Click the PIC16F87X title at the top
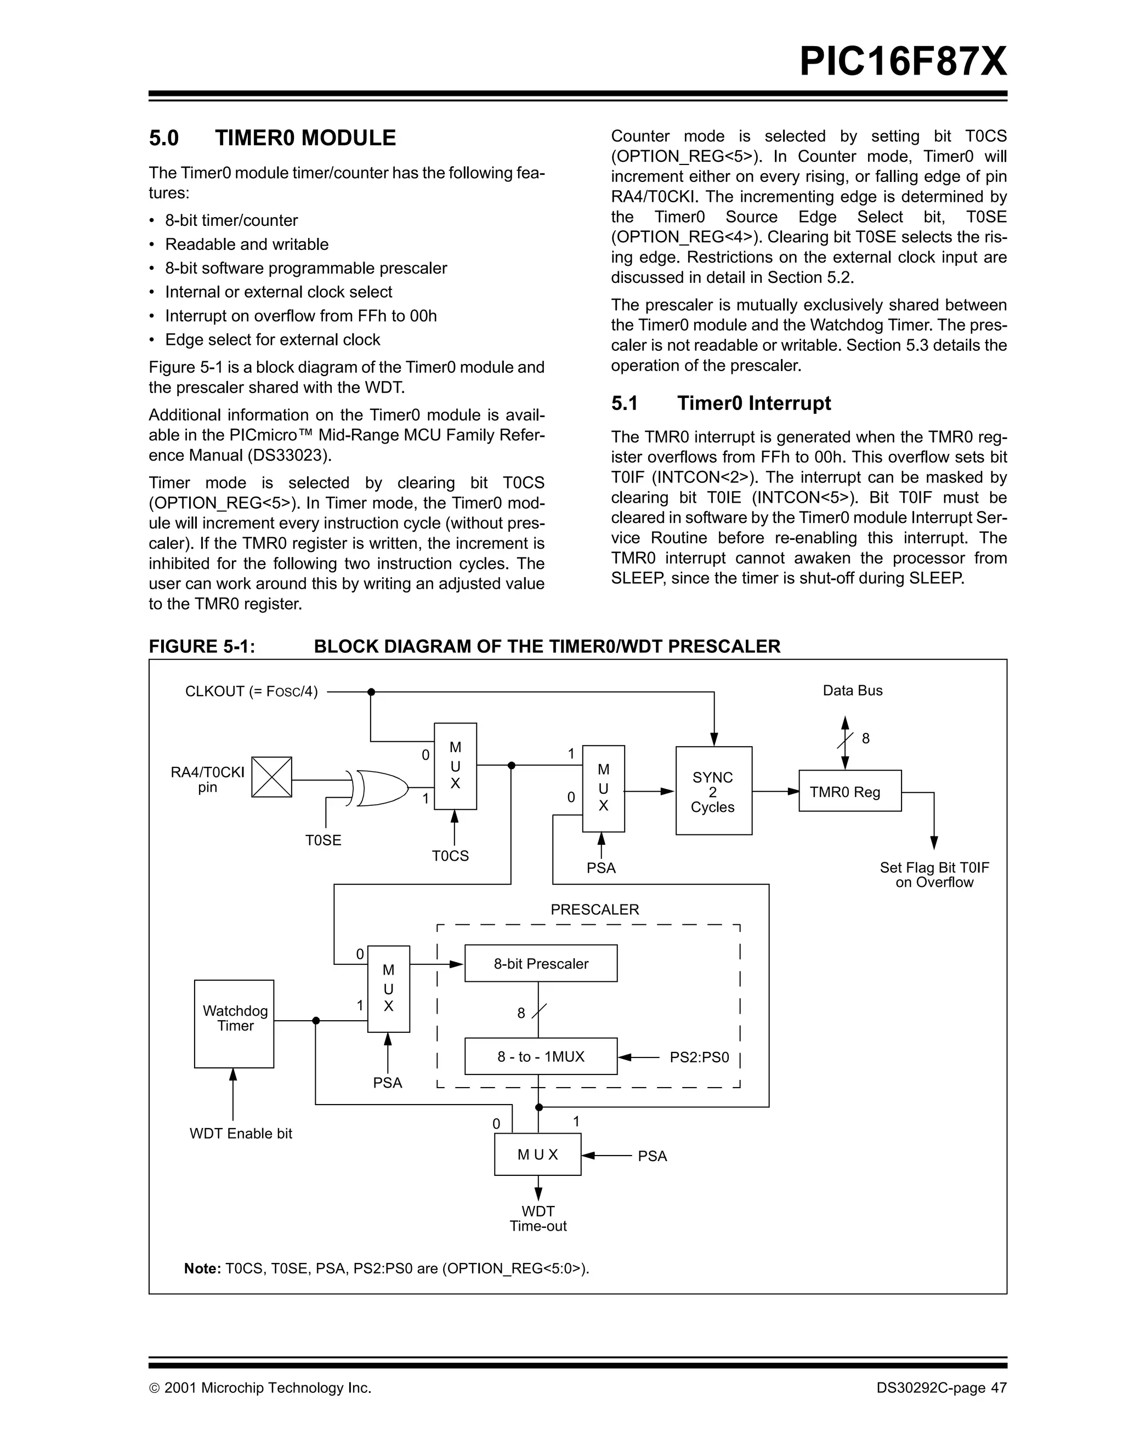click(903, 62)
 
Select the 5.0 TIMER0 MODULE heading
click(272, 138)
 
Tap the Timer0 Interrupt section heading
click(721, 403)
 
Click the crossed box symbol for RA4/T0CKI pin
click(271, 777)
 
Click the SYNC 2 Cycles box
click(713, 790)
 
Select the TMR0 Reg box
click(849, 791)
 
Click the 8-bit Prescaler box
click(540, 963)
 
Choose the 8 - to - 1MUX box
click(540, 1056)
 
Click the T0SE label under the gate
click(323, 840)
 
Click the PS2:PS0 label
click(699, 1057)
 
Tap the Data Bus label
click(852, 690)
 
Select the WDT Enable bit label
click(241, 1134)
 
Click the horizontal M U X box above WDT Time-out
click(537, 1154)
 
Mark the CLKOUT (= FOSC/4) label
click(251, 692)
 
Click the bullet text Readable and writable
click(247, 244)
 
